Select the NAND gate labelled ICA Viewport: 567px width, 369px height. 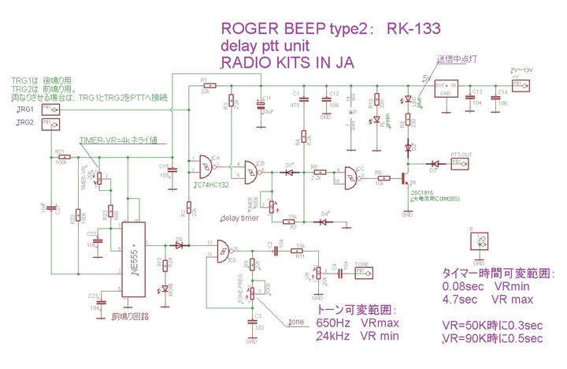pos(208,164)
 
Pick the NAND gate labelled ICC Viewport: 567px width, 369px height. pos(347,177)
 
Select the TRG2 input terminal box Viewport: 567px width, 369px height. pos(47,124)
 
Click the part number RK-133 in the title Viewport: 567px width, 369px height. pos(412,29)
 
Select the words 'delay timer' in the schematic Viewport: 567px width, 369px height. pos(240,218)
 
